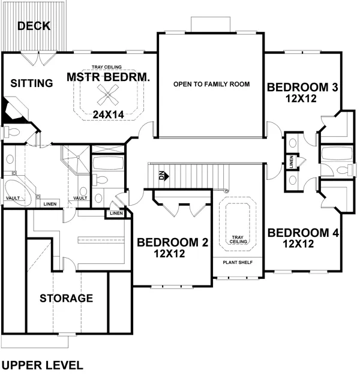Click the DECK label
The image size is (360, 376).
(x=34, y=26)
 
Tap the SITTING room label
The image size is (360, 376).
(x=32, y=83)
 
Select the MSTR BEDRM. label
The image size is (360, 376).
(x=107, y=77)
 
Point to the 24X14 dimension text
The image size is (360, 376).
(x=108, y=113)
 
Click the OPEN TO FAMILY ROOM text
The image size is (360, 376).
(x=211, y=84)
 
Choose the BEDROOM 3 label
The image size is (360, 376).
(x=302, y=88)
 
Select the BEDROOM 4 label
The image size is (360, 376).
(x=302, y=233)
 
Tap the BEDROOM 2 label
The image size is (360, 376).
(x=172, y=242)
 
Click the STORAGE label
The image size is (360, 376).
(x=66, y=298)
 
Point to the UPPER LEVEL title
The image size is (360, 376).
(x=42, y=364)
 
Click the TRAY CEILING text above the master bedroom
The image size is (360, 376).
(x=107, y=67)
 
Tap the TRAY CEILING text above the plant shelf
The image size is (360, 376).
(x=238, y=240)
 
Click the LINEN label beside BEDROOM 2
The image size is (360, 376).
(x=116, y=213)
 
